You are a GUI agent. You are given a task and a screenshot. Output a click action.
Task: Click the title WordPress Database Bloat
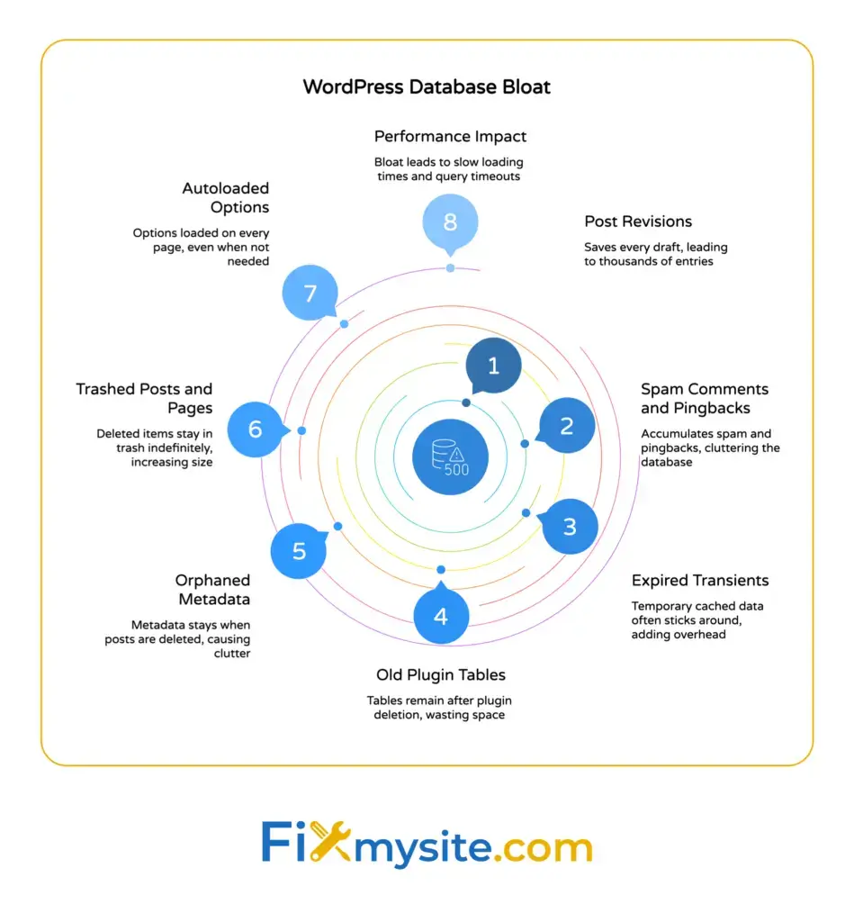point(427,87)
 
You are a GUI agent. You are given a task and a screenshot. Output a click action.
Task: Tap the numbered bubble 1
point(493,366)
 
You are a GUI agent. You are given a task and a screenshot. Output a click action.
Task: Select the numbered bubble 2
point(567,425)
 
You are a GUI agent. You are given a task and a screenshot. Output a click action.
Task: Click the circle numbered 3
point(570,526)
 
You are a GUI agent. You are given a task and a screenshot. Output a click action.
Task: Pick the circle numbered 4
point(441,617)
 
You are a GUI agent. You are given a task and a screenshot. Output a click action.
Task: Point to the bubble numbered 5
point(300,550)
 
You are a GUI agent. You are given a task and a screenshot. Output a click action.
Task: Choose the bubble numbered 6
point(256,429)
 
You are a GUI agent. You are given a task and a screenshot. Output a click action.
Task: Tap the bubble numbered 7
point(310,294)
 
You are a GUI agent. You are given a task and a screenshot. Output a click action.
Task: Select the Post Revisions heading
point(638,221)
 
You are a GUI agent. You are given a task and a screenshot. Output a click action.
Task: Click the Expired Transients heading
point(700,580)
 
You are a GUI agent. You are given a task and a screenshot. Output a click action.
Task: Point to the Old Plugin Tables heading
point(441,675)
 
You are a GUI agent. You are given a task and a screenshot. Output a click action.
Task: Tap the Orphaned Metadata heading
point(212,590)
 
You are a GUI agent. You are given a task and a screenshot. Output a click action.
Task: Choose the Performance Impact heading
point(450,137)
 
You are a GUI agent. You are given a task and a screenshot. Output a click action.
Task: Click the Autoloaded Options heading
point(225,198)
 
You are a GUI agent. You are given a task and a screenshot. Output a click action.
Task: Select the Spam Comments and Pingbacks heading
point(705,398)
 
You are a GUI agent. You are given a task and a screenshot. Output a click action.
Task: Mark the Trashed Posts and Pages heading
point(144,398)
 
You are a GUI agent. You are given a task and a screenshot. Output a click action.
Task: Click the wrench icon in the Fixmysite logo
point(334,844)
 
